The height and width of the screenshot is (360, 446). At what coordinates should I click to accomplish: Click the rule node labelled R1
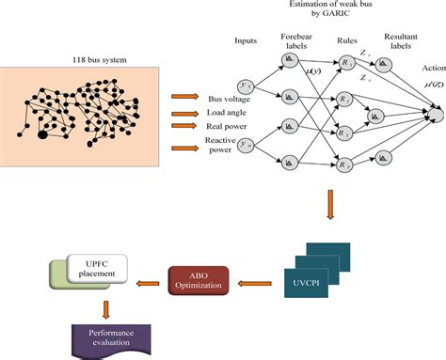348,62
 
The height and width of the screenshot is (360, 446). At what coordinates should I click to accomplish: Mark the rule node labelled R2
348,97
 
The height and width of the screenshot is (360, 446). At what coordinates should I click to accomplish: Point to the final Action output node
435,115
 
